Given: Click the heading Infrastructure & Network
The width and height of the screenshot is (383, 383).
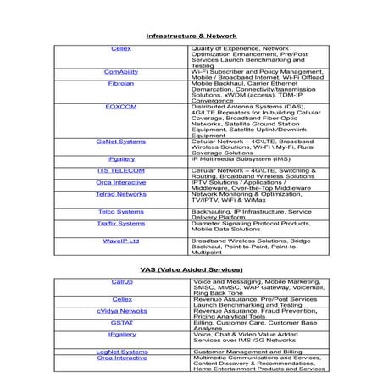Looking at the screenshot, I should [x=191, y=36].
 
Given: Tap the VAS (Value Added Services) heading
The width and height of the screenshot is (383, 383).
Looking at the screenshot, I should [x=191, y=269].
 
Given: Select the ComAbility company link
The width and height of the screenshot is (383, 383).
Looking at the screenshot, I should [x=121, y=73].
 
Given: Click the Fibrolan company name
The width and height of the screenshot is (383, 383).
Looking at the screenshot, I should [x=121, y=85].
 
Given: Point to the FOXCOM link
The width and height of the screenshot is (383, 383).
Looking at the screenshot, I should [x=121, y=108].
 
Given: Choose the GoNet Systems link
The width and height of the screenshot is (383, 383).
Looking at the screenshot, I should [x=121, y=142].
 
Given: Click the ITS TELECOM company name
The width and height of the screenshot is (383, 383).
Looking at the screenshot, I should [x=121, y=170].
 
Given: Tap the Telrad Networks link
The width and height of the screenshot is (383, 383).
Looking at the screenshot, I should [x=121, y=193].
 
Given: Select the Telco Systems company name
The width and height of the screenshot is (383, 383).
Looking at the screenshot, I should [x=121, y=211].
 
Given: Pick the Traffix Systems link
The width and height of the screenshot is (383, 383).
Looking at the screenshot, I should [x=121, y=223].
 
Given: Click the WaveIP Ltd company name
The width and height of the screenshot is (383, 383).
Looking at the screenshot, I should [x=121, y=241].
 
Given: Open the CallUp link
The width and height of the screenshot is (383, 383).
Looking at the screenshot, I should [x=121, y=281].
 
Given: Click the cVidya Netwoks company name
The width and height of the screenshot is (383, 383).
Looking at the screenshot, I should [x=121, y=311].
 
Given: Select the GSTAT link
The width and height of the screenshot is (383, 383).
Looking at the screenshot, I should [x=121, y=322].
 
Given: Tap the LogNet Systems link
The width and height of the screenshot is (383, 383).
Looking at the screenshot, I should [x=121, y=351].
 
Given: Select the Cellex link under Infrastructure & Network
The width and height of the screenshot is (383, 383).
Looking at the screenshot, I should [x=121, y=50].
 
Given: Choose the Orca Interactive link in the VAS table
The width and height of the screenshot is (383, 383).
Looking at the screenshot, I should [x=121, y=358].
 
